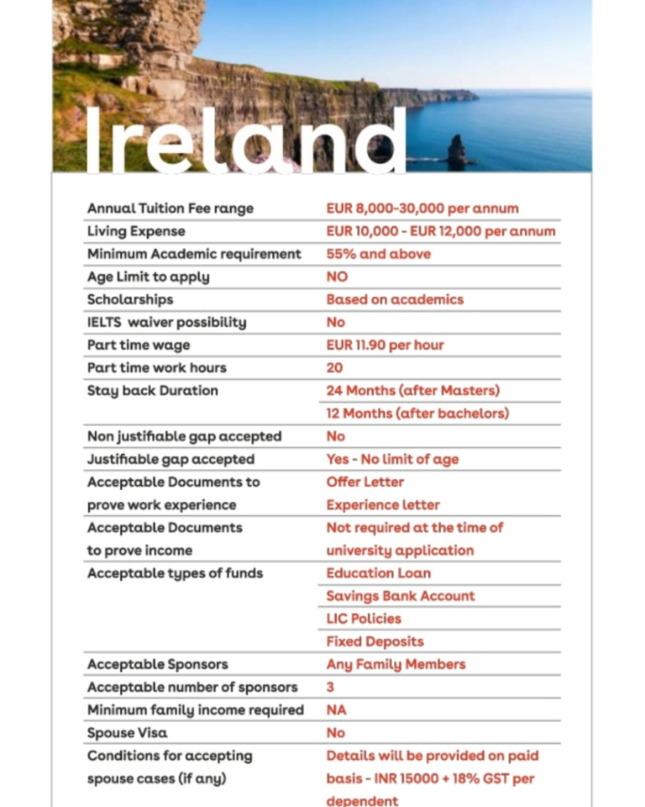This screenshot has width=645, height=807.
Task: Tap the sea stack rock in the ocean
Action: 457,151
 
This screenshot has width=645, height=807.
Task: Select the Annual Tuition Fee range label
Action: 170,208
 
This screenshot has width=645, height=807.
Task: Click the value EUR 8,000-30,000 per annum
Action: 422,208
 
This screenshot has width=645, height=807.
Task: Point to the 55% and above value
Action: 378,253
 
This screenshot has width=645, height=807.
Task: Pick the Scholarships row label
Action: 130,298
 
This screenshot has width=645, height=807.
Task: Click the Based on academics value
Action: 395,298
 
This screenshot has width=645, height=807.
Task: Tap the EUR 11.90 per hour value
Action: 385,345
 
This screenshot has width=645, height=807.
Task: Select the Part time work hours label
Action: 156,367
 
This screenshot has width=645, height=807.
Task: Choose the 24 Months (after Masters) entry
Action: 412,390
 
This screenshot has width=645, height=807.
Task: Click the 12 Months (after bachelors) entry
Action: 417,413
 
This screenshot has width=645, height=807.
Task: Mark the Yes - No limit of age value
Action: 392,459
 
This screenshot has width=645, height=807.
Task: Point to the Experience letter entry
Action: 383,504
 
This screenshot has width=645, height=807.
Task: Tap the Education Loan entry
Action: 378,572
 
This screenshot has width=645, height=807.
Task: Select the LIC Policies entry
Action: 364,618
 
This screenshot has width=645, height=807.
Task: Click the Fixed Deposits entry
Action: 375,641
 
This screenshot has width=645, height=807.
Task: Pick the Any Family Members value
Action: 396,664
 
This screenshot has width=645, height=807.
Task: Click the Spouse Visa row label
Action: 127,732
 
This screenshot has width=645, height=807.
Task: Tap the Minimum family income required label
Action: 195,709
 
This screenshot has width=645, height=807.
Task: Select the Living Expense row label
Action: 136,230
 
